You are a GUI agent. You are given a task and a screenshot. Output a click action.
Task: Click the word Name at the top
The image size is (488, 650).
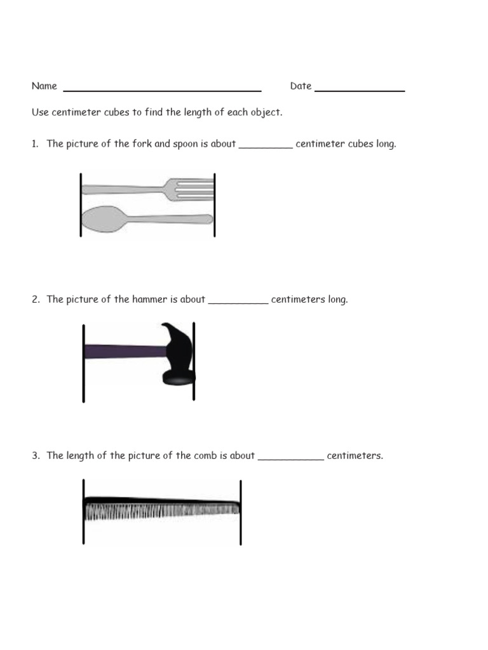[44, 86]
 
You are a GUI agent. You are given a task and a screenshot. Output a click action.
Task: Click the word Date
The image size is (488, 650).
[301, 86]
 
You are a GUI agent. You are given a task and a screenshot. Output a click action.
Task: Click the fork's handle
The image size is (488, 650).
[121, 189]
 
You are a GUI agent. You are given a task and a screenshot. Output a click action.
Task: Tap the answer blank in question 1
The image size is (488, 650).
[266, 146]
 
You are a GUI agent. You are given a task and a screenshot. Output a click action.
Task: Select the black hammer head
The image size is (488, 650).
[178, 355]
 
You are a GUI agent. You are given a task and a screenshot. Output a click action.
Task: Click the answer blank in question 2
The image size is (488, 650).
[238, 302]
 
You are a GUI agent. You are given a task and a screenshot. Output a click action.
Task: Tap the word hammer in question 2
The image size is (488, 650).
[150, 300]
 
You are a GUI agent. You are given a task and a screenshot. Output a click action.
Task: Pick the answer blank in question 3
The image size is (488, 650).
[291, 458]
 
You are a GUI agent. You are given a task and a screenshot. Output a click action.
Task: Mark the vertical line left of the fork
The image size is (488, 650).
[81, 204]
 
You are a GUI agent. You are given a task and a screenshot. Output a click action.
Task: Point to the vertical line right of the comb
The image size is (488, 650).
[241, 512]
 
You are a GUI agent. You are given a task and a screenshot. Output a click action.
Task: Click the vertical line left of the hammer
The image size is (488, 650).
[83, 362]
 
